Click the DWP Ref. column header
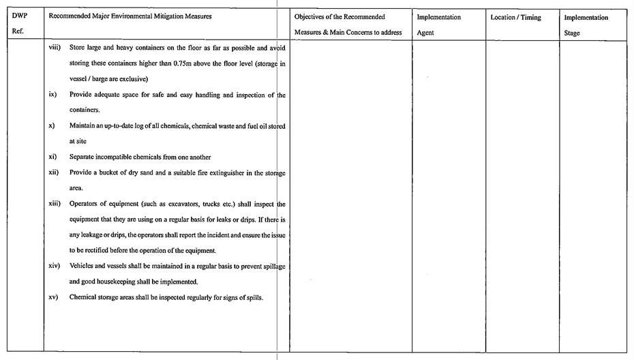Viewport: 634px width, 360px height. (x=19, y=24)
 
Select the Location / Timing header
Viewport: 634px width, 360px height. (x=515, y=18)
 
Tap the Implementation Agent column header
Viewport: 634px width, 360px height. (x=438, y=25)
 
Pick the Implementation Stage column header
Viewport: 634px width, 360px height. (x=586, y=25)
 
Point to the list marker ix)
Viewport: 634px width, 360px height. (x=52, y=94)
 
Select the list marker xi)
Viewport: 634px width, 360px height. (x=52, y=157)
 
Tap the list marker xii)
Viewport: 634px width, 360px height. (x=54, y=172)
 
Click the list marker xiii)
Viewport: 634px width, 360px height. (x=55, y=204)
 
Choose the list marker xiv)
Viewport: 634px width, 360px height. (x=55, y=266)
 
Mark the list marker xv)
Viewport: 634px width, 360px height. (x=53, y=297)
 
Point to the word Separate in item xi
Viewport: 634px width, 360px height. (x=83, y=157)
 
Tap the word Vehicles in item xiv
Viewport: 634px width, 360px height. (x=83, y=266)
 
